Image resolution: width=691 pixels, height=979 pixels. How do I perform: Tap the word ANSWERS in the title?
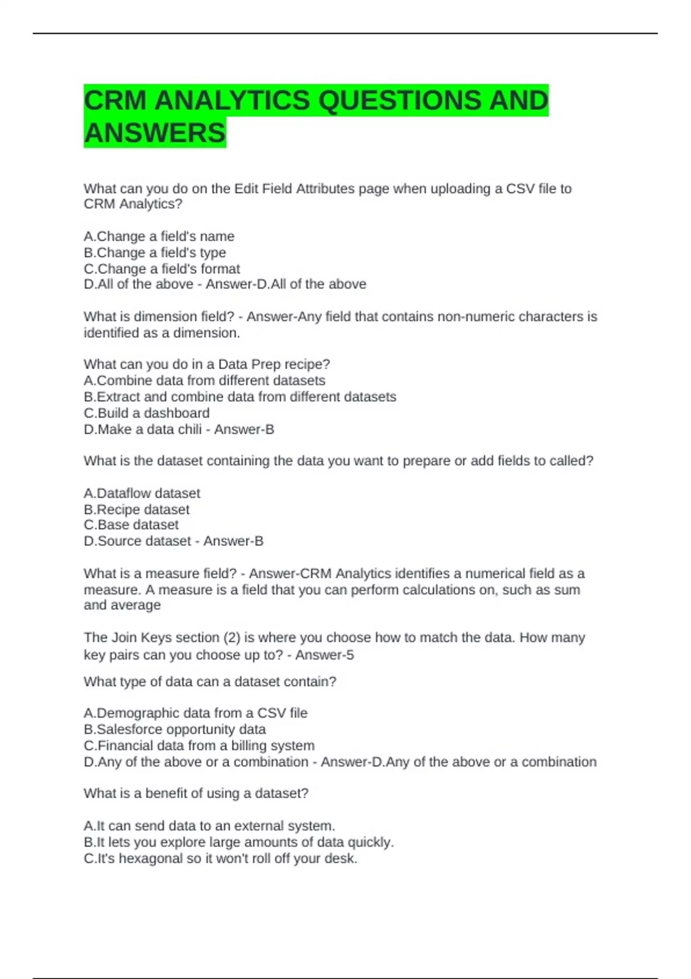click(155, 133)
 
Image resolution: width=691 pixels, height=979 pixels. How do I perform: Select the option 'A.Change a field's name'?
click(159, 237)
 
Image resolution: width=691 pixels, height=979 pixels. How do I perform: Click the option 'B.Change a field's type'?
click(155, 253)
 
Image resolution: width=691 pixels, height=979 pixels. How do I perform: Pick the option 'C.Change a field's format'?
click(162, 269)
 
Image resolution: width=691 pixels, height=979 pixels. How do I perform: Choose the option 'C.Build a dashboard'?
click(147, 413)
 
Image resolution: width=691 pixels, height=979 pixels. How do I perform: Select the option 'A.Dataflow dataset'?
click(142, 494)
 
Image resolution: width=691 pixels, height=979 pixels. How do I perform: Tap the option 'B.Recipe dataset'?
click(136, 510)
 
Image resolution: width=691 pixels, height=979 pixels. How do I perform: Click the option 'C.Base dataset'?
click(131, 525)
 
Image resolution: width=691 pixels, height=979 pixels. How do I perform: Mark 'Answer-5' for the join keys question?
click(325, 655)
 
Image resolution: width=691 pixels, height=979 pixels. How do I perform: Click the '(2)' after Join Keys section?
click(232, 638)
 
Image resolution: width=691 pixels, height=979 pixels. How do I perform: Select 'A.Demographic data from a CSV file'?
click(196, 714)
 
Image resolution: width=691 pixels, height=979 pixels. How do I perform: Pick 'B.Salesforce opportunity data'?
click(175, 730)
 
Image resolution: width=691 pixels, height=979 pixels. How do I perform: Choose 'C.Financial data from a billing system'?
click(199, 746)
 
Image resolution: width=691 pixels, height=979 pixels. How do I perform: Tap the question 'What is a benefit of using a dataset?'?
click(196, 794)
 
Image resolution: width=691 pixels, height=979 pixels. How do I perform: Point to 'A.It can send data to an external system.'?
click(210, 826)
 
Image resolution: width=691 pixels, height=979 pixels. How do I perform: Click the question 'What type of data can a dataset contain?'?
click(210, 682)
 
